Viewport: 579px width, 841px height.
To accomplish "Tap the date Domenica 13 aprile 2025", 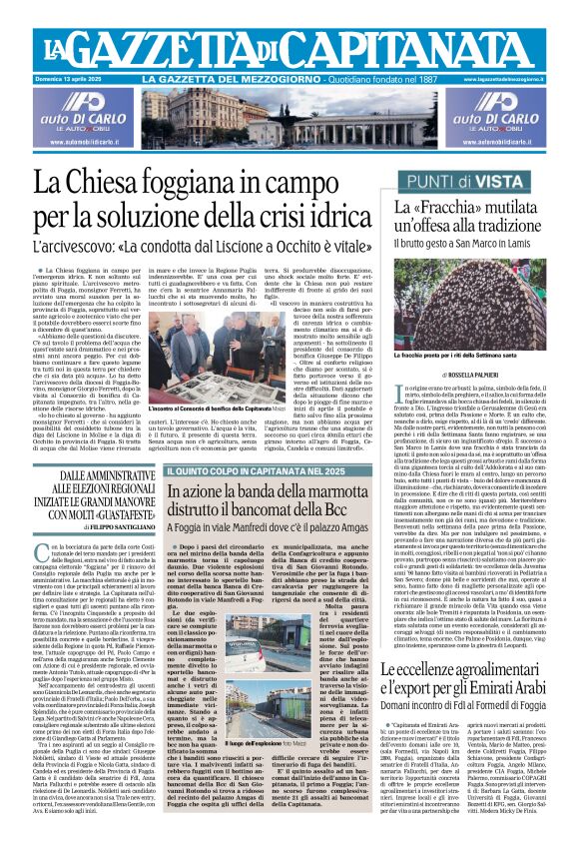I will click(74, 78).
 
